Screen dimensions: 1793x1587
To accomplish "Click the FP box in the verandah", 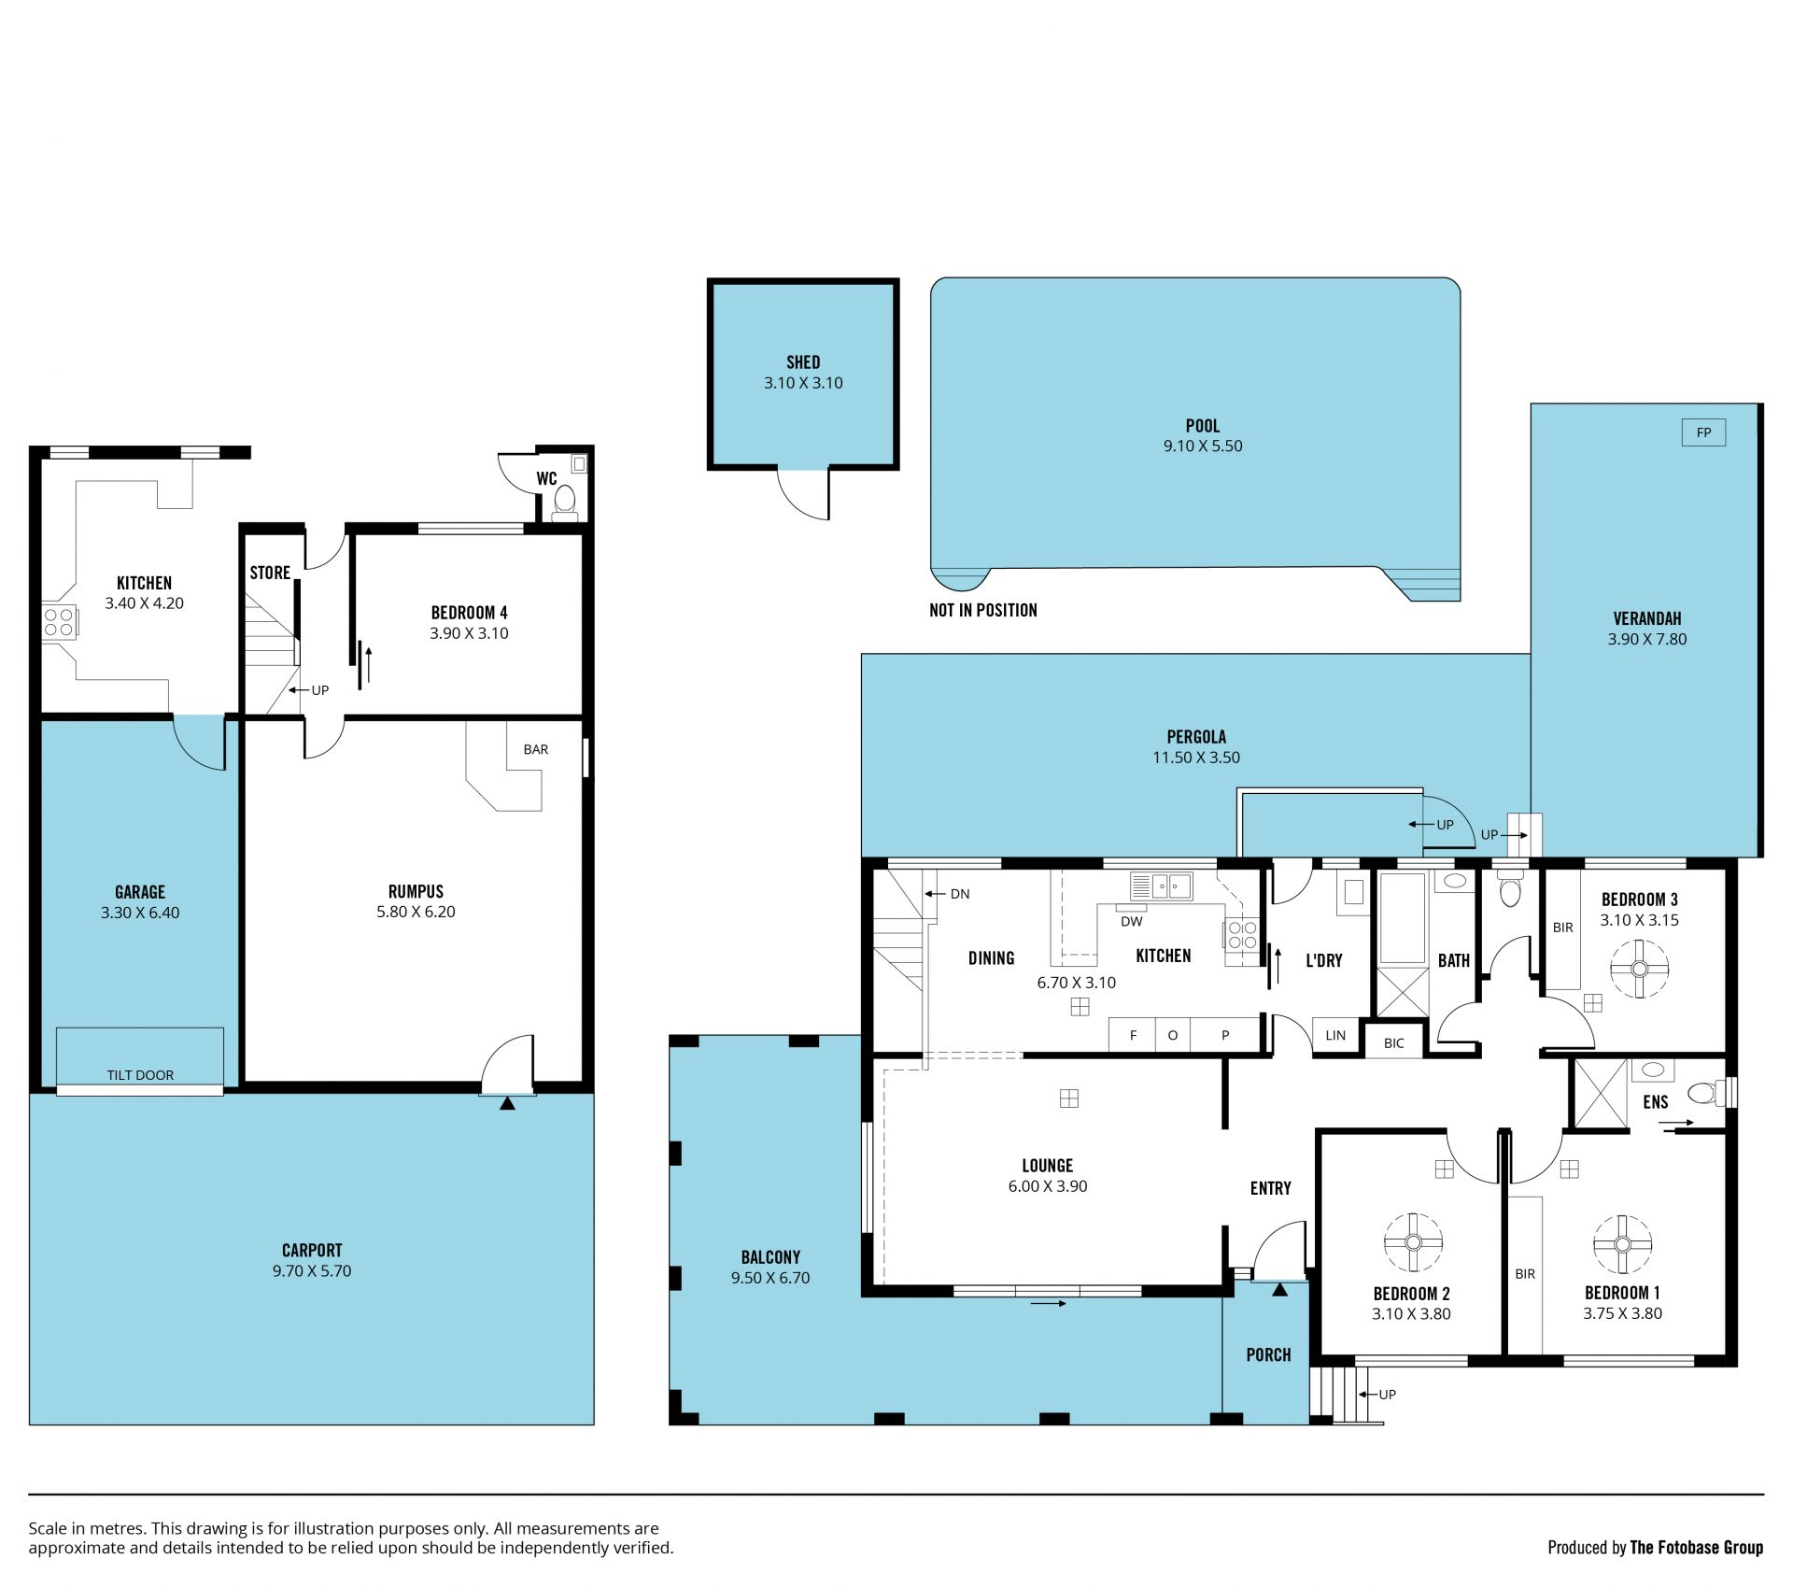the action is click(1703, 432).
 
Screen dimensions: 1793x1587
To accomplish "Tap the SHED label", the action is click(803, 362).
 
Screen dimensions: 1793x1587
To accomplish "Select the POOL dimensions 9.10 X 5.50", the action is click(1203, 446).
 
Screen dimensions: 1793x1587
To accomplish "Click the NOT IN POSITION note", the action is click(983, 610).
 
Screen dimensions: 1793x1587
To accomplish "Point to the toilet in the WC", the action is click(565, 500).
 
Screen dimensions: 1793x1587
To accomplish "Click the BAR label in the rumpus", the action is click(536, 749).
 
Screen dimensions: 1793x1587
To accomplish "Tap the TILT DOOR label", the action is click(140, 1075).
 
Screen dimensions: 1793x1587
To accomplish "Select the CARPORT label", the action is click(312, 1250).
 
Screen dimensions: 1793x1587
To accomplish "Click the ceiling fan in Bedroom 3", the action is click(1640, 968).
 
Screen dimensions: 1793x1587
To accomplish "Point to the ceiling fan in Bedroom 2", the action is click(1413, 1241).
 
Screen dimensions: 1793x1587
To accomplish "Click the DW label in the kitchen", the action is click(1131, 921).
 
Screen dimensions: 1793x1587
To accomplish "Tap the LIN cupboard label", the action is click(1335, 1035).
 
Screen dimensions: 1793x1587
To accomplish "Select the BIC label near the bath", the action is click(1393, 1043).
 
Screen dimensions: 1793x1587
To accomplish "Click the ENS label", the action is click(1656, 1102).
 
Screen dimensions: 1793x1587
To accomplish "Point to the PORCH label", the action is click(1268, 1354).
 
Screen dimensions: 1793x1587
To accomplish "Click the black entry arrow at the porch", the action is click(1279, 1290).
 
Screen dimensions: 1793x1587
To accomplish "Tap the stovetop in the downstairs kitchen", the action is click(59, 622).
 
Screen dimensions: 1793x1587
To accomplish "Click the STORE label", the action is click(270, 573).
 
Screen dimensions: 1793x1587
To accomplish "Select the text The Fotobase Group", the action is click(1697, 1548).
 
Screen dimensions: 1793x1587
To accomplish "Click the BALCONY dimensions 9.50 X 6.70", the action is click(770, 1278).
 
